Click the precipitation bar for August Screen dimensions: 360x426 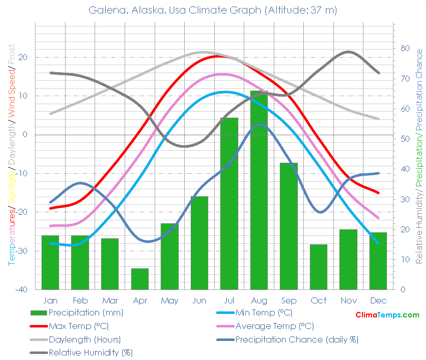tap(259, 190)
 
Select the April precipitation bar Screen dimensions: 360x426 tap(140, 279)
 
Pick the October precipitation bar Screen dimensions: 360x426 tap(318, 267)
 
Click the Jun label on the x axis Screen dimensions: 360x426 tap(199, 300)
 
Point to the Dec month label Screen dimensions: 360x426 tap(378, 300)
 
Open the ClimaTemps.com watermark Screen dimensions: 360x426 tap(387, 315)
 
